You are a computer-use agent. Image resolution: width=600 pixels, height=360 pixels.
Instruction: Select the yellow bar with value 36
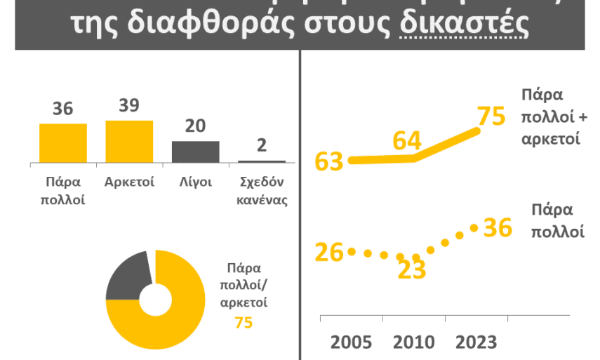pos(63,143)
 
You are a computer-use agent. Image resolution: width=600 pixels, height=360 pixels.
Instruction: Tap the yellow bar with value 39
pos(129,142)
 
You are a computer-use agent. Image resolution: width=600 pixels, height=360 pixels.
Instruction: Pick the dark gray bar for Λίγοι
pos(196,152)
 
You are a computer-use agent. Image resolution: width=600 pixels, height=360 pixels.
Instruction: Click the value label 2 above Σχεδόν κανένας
pos(262,145)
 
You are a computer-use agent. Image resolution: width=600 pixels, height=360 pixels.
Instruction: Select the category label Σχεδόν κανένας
pos(262,190)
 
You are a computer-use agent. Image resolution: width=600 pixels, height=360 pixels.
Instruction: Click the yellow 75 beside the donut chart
pos(244,322)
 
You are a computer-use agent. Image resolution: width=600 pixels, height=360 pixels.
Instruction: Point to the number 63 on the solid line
pos(329,161)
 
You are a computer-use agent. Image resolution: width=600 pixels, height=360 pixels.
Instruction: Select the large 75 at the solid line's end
pos(491,116)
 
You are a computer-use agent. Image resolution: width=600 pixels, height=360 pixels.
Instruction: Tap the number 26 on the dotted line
pos(328,252)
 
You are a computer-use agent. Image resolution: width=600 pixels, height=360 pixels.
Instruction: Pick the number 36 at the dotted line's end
pos(498,227)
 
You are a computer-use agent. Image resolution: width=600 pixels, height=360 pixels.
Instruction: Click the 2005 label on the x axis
pos(352,342)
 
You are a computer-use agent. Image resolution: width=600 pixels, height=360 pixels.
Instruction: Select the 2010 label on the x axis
pos(413,342)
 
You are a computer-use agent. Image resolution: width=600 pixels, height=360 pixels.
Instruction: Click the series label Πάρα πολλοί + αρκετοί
pos(551,116)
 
